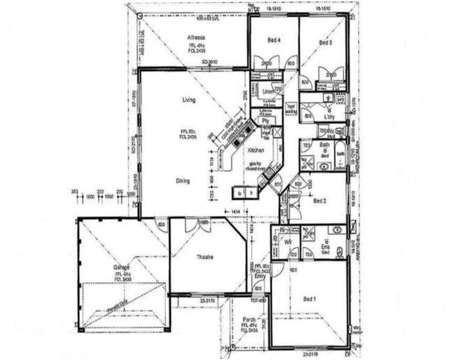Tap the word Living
click(188, 100)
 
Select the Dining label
click(183, 181)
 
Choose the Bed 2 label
click(319, 201)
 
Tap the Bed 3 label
click(325, 42)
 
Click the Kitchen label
click(255, 151)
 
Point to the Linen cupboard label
click(268, 91)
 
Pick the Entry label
click(259, 276)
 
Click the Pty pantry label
click(264, 121)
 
